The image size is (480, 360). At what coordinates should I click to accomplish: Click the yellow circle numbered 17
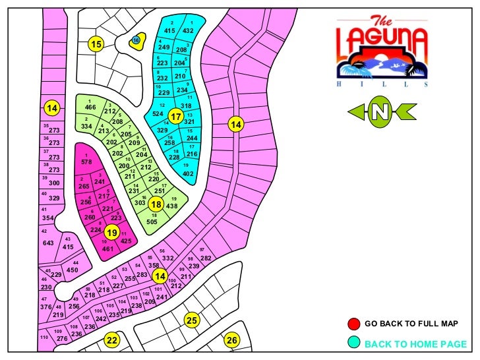(x=175, y=117)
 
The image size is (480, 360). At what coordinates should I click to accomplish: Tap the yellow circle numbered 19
(x=112, y=232)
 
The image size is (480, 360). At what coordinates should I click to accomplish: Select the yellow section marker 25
(x=191, y=320)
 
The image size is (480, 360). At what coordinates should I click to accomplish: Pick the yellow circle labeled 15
(x=97, y=45)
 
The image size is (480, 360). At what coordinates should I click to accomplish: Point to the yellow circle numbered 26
(x=231, y=340)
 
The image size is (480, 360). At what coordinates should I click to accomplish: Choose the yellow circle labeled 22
(x=112, y=340)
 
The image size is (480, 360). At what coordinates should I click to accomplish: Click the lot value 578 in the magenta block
(x=86, y=162)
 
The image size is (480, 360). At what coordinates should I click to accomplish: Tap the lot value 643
(x=48, y=243)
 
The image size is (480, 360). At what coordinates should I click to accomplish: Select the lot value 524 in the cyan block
(x=158, y=114)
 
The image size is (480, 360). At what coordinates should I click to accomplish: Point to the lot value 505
(x=152, y=222)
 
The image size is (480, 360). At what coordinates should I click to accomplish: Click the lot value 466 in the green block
(x=91, y=107)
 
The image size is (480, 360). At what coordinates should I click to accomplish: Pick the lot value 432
(x=188, y=30)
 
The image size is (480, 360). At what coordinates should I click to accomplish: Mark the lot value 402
(x=189, y=173)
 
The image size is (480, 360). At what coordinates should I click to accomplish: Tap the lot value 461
(x=108, y=249)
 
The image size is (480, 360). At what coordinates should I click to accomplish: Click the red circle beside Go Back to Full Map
(x=354, y=324)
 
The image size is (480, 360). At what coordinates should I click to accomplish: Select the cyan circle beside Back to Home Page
(x=354, y=343)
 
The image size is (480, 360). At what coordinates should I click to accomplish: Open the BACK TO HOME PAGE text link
(x=415, y=344)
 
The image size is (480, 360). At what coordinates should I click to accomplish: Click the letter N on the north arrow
(x=378, y=112)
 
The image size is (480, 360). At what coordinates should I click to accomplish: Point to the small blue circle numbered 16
(x=136, y=40)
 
